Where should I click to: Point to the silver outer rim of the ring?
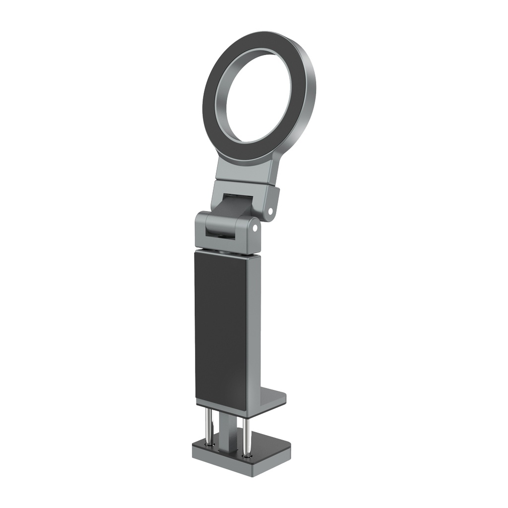[x=311, y=99]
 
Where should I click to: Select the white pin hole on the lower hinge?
[x=254, y=229]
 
